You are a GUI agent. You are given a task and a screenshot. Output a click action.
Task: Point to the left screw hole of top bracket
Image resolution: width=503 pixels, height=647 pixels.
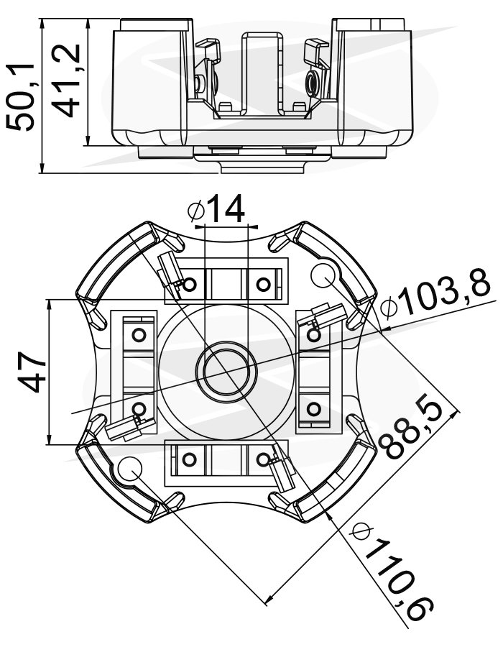pos(190,285)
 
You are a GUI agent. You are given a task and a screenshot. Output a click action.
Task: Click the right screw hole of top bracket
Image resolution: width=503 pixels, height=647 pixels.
pos(263,284)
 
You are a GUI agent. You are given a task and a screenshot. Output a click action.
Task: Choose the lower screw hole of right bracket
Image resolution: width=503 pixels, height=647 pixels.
pos(313,410)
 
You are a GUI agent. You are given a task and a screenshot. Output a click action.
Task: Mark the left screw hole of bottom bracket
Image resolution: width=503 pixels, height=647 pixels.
pos(190,458)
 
